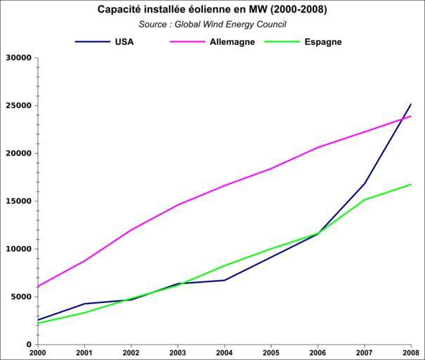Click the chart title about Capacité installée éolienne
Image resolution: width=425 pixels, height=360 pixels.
(x=211, y=10)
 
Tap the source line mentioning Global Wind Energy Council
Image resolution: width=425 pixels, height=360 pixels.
(x=212, y=24)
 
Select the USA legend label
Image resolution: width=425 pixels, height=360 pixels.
(x=124, y=41)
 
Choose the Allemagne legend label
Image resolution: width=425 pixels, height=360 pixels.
(x=232, y=41)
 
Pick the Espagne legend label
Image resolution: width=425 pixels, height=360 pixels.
(x=323, y=41)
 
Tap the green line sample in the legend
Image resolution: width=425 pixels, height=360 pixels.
(x=281, y=42)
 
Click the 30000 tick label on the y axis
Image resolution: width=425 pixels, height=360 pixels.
(x=18, y=58)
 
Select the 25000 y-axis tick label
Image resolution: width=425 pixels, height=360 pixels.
(x=18, y=105)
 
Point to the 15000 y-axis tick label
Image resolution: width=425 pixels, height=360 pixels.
(x=18, y=201)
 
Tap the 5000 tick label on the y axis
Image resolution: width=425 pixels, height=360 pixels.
(x=21, y=297)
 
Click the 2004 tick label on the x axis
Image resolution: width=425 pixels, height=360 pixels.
(x=225, y=352)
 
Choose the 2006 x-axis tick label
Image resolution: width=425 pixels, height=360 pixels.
(x=318, y=352)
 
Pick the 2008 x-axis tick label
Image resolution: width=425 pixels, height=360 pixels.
(x=412, y=352)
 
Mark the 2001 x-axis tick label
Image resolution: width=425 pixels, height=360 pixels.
(x=85, y=352)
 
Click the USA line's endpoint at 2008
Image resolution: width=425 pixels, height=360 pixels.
(x=411, y=104)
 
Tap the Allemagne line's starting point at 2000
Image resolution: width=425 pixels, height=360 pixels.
(x=38, y=287)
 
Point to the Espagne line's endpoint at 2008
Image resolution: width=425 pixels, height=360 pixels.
(x=411, y=184)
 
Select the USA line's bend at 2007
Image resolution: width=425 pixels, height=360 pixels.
(x=365, y=184)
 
